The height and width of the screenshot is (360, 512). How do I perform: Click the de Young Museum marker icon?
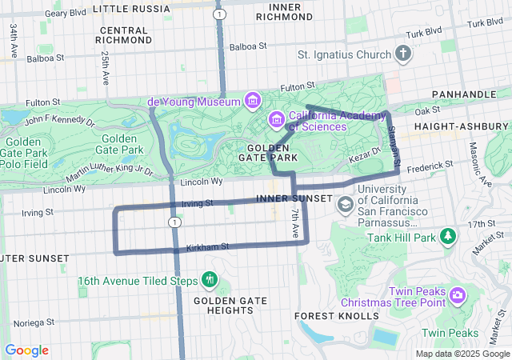254,101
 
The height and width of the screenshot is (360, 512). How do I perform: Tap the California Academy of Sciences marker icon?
277,120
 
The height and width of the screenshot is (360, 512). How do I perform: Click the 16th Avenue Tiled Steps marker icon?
210,279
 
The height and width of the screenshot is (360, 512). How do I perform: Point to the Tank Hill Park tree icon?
449,236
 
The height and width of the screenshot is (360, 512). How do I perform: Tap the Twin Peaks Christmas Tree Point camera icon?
457,295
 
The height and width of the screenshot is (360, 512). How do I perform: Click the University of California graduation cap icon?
345,204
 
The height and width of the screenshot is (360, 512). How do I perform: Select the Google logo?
26,350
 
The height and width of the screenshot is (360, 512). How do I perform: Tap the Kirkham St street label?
208,247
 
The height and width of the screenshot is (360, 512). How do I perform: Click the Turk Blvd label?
423,33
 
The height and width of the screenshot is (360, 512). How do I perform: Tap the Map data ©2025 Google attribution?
462,354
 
